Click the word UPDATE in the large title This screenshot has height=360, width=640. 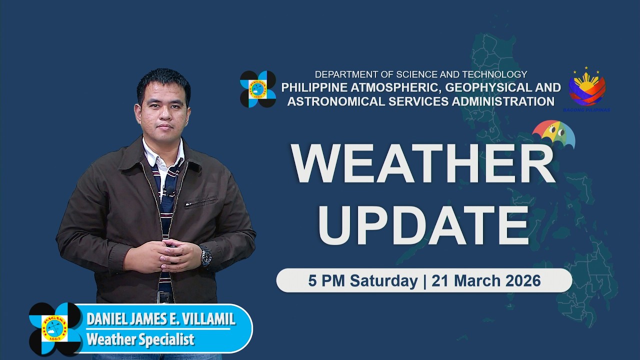coord(423,225)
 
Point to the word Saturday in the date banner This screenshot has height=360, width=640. coord(383,280)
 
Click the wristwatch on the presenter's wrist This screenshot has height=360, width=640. coord(205,255)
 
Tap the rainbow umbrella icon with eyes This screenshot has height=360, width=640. coord(553,134)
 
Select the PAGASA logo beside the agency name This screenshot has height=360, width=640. coord(258,89)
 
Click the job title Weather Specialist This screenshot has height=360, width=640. coord(140,339)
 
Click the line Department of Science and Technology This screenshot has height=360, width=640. coord(420,74)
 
